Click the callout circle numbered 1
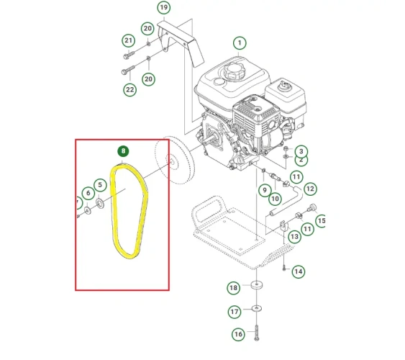239,43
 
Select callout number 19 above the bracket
163,8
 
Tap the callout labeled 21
128,40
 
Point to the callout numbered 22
129,90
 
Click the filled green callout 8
124,152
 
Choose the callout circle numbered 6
87,193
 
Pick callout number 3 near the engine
301,151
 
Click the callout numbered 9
265,190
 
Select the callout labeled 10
276,197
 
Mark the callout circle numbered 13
294,236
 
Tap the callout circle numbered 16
238,335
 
